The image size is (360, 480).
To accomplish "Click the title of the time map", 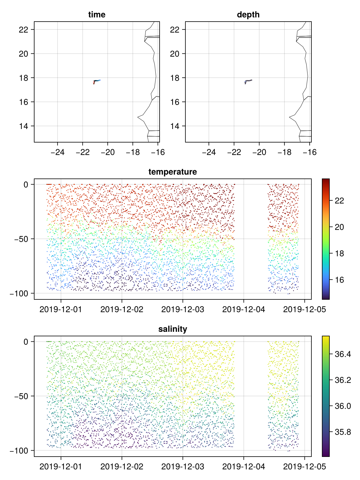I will click(97, 15).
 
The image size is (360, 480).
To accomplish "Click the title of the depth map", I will click(248, 15).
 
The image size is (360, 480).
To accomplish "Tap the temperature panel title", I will click(172, 172).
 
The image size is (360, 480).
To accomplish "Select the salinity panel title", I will click(172, 329).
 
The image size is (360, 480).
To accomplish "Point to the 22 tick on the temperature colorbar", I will click(339, 201).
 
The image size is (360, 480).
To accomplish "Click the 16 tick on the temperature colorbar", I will click(339, 280).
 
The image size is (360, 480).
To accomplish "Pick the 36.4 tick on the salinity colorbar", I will click(342, 354).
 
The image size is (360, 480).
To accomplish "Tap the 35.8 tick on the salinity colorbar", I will click(342, 432).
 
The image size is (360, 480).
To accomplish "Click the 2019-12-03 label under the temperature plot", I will click(183, 309).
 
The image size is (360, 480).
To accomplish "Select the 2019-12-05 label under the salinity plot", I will click(304, 466).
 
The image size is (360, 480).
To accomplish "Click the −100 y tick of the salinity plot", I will click(19, 451).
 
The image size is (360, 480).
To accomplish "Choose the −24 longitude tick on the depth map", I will click(209, 152).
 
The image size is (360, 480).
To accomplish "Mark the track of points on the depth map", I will click(248, 81).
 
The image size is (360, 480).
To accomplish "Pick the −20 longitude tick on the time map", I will click(108, 152).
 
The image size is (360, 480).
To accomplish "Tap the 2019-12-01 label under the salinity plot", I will click(61, 466).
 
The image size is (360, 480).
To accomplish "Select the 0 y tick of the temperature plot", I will click(26, 184).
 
